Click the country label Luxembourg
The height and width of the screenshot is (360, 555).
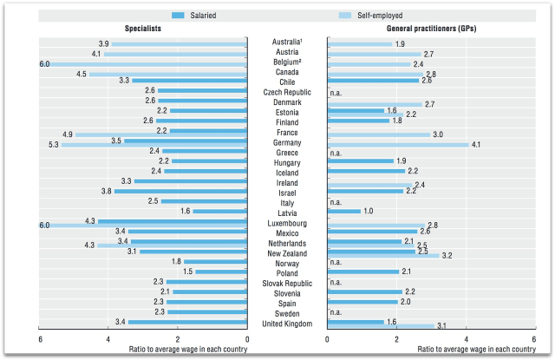pyautogui.click(x=286, y=223)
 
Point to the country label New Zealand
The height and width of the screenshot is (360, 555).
pyautogui.click(x=286, y=252)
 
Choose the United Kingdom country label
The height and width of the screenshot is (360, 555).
pyautogui.click(x=286, y=324)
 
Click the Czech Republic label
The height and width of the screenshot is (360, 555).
pyautogui.click(x=286, y=91)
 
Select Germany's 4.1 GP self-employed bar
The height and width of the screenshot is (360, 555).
pyautogui.click(x=398, y=144)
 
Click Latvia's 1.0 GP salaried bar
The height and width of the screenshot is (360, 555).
pyautogui.click(x=343, y=211)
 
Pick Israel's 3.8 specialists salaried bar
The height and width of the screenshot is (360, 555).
pyautogui.click(x=181, y=191)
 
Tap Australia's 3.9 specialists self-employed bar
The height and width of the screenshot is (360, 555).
pyautogui.click(x=180, y=43)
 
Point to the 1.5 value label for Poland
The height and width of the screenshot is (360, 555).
pyautogui.click(x=188, y=272)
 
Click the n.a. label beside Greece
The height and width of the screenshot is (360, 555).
pyautogui.click(x=336, y=153)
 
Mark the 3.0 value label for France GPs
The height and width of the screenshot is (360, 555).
pyautogui.click(x=438, y=134)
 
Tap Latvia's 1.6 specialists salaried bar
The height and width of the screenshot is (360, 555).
pyautogui.click(x=220, y=211)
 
